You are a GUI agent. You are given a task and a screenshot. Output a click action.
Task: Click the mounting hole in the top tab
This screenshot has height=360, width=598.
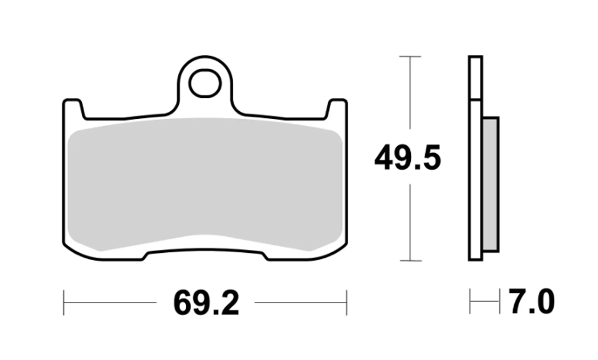click(x=205, y=84)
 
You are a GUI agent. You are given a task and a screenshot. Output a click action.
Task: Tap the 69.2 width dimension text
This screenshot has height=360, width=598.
click(x=206, y=303)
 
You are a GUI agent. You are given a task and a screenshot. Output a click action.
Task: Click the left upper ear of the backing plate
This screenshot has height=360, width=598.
click(x=72, y=108)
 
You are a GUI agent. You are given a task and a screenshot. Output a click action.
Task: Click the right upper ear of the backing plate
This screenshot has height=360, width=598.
click(x=337, y=108)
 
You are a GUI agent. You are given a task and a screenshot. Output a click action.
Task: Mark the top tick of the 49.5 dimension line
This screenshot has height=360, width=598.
click(x=410, y=56)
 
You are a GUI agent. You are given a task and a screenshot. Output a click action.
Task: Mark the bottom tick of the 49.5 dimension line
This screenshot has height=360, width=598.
click(x=410, y=261)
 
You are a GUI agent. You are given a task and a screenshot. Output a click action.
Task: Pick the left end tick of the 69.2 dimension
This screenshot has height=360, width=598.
click(x=64, y=303)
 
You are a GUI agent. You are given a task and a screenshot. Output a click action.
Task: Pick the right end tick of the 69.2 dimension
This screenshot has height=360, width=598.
click(x=346, y=303)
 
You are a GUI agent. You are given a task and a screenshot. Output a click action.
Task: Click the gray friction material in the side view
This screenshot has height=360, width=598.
click(x=490, y=183)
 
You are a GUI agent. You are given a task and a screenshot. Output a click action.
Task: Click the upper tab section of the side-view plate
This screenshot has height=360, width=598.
click(x=475, y=78)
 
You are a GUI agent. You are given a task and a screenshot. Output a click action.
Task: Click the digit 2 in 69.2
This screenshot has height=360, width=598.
click(x=227, y=303)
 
